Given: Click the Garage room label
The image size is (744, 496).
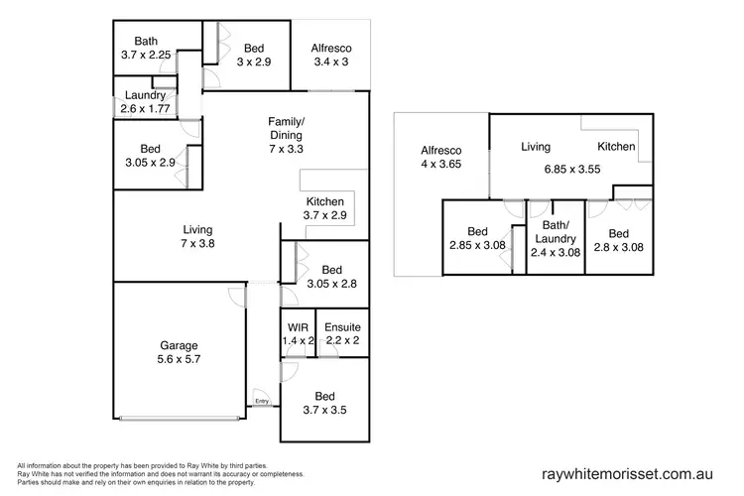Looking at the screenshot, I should pos(180,346).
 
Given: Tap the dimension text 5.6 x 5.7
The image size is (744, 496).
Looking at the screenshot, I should pos(180,361).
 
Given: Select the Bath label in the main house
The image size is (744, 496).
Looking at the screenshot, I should pos(146,41).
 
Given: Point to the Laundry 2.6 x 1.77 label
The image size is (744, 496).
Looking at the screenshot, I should pos(146,102).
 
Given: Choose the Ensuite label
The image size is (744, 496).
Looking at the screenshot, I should pos(342,326).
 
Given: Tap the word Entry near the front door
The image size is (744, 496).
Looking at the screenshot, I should pos(262,402).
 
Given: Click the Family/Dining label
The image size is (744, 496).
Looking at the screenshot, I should pos(286,128).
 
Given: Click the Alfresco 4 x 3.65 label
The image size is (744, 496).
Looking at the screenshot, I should pos(441,159).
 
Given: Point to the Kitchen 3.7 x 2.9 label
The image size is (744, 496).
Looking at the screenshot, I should pos(324,207).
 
